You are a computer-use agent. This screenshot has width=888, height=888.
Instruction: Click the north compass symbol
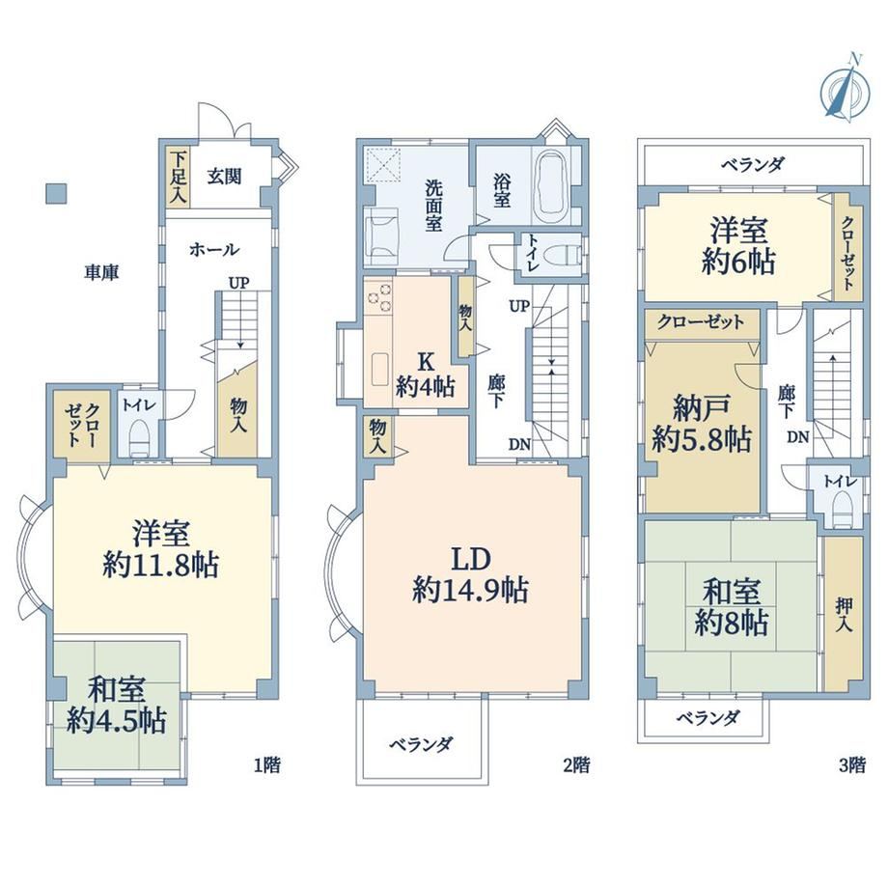coord(845,87)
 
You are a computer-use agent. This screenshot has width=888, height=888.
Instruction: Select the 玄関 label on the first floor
coord(224,176)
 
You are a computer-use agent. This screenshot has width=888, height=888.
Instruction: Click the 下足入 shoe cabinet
coord(178,176)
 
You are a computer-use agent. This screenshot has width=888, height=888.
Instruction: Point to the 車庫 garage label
coord(101,272)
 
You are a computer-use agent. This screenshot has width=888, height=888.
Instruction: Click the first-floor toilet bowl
coord(139,439)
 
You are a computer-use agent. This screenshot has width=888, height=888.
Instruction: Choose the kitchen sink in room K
coord(379,371)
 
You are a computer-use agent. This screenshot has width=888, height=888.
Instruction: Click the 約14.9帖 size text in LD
coord(471,590)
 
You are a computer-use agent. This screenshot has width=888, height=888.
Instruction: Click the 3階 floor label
coord(851,764)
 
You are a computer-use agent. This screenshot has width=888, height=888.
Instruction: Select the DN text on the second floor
coord(519,445)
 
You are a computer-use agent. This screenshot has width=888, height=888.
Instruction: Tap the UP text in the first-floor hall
coord(239,282)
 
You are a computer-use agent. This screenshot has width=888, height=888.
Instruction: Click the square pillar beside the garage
coord(56,193)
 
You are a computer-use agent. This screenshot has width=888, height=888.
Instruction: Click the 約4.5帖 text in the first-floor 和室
coord(116,722)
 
